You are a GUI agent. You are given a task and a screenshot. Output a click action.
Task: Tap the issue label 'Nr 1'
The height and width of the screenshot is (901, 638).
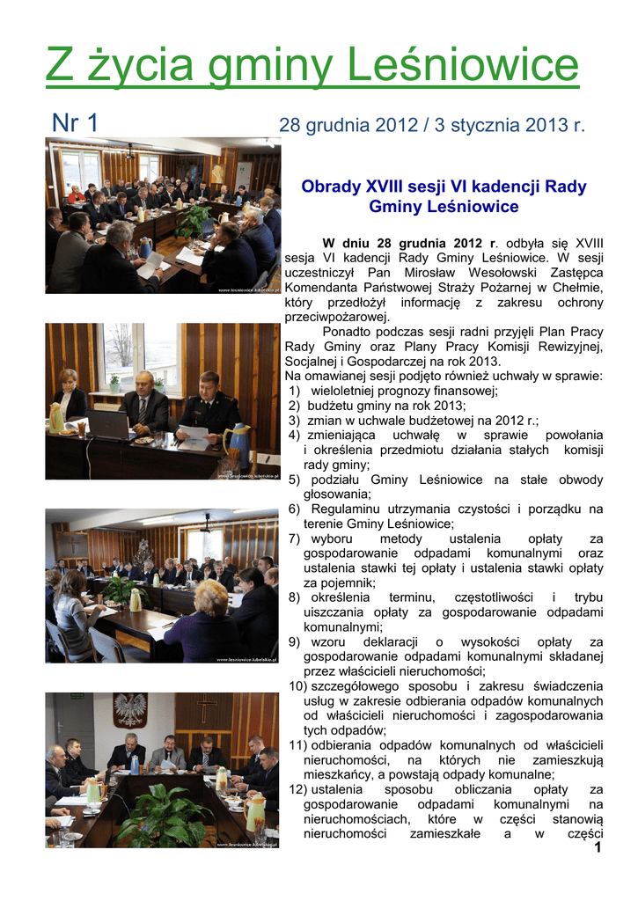click(x=76, y=124)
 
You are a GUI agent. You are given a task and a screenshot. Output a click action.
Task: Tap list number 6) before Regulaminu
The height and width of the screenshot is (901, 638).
click(x=294, y=509)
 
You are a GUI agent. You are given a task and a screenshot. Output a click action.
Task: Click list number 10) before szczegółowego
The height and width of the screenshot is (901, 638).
click(x=297, y=685)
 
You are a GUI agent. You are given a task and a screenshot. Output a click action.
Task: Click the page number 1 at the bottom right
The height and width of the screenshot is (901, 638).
click(x=597, y=847)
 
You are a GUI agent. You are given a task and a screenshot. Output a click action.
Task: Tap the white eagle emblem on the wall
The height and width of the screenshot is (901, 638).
click(x=131, y=708)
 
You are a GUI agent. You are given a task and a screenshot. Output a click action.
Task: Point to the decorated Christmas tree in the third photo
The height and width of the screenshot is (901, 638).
click(x=143, y=555)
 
